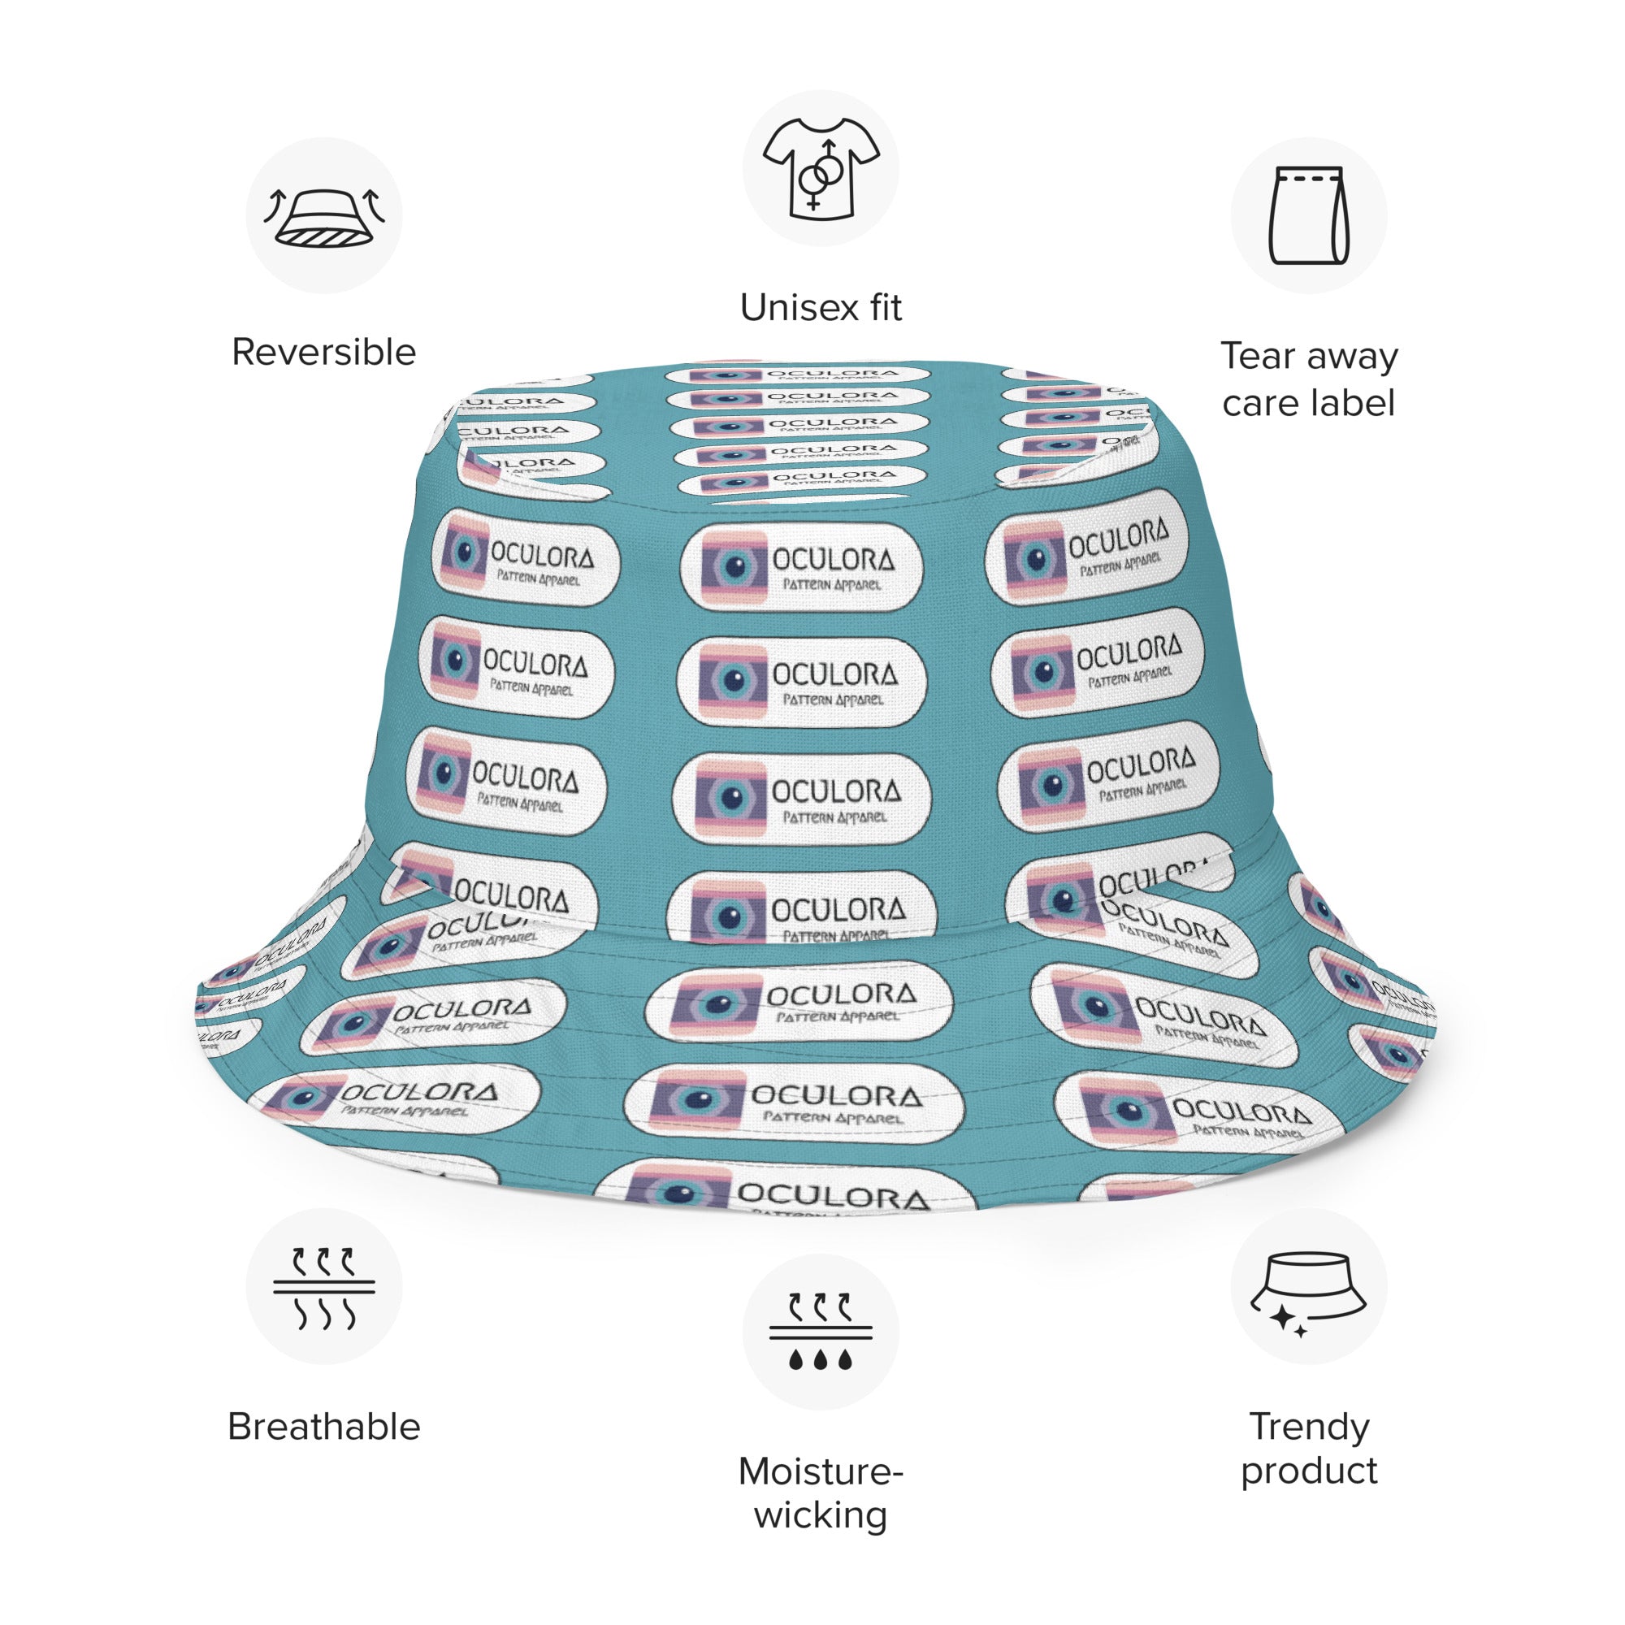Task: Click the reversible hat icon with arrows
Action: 324,217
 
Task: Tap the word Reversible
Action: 324,353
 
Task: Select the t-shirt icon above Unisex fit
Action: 820,168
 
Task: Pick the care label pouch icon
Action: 1309,215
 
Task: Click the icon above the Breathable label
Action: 324,1286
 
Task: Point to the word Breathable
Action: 324,1428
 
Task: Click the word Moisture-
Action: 820,1472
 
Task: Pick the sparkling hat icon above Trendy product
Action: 1309,1286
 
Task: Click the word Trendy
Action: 1309,1427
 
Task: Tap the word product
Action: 1309,1471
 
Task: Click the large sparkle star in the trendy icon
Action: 1283,1317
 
